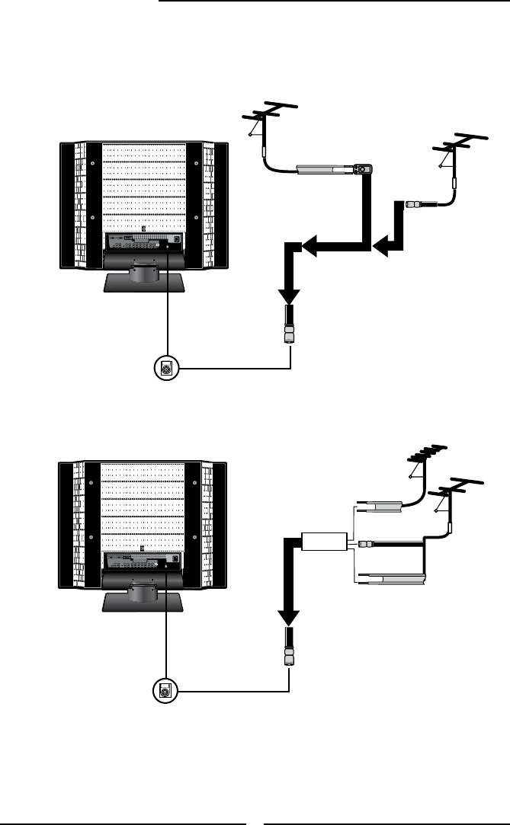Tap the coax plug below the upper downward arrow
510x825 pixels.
click(290, 326)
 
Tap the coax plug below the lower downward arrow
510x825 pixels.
click(290, 650)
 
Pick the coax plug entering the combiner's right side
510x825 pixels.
click(365, 543)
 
